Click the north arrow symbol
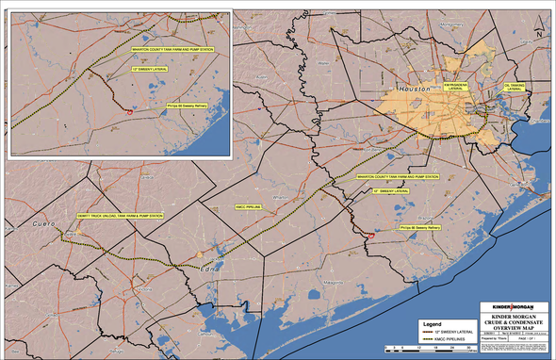coord(539,28)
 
